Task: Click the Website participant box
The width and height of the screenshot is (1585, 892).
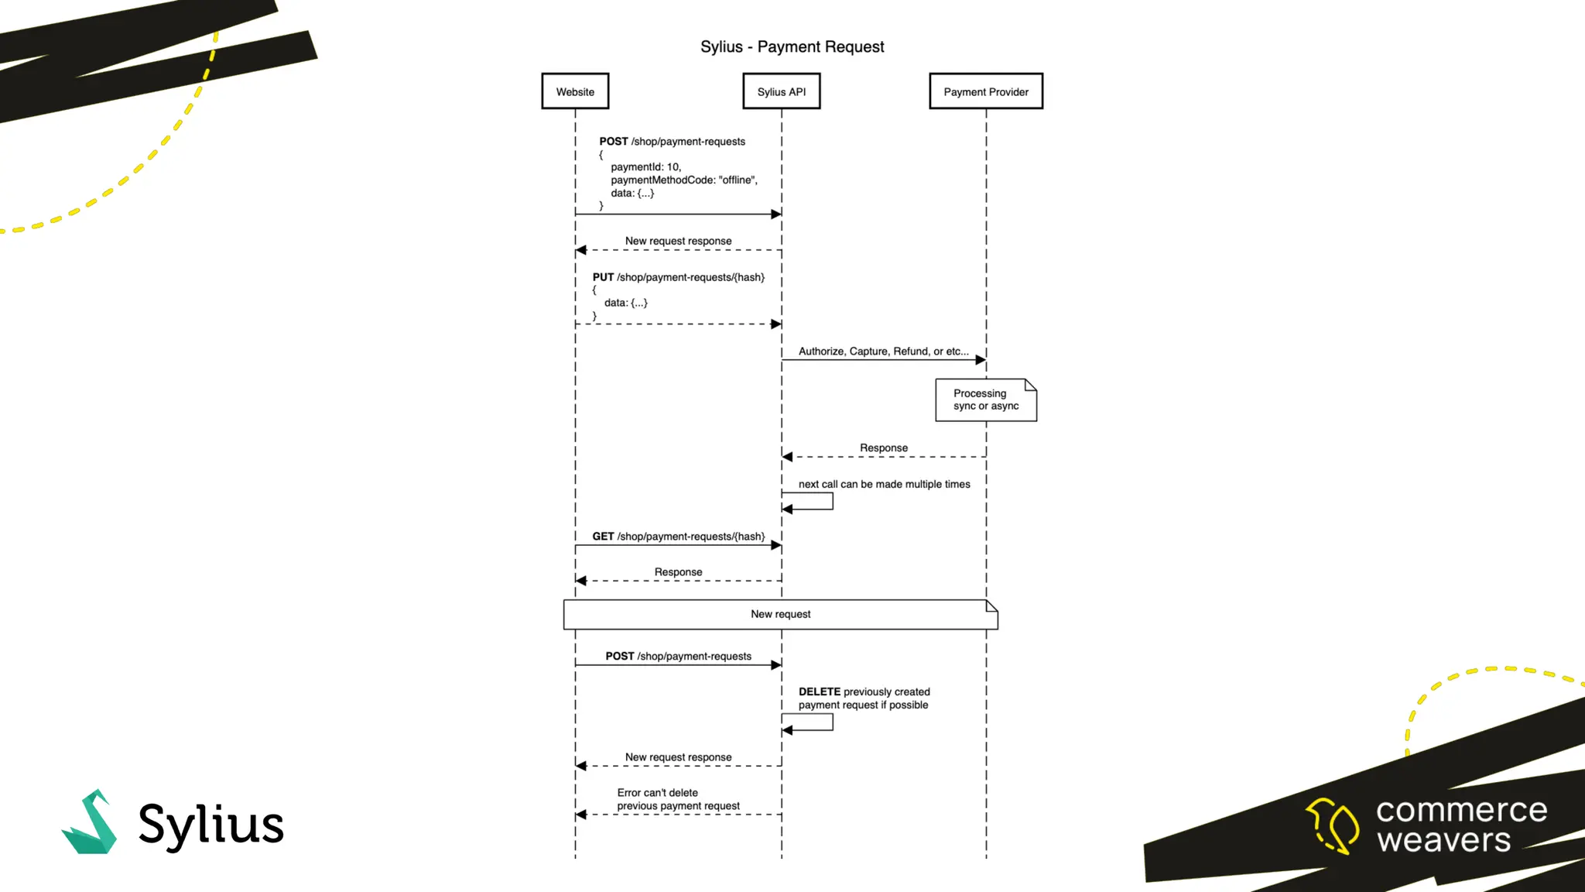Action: [575, 91]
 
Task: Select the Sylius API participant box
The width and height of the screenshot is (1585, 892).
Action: [781, 91]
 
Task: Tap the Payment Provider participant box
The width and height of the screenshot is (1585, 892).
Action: [986, 91]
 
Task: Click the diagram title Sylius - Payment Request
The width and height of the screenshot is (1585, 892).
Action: [792, 46]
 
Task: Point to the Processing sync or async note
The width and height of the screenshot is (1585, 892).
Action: [985, 400]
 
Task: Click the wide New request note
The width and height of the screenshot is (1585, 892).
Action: [780, 614]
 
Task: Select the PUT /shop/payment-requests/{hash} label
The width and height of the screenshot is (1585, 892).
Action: [678, 277]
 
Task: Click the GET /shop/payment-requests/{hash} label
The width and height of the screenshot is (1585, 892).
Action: [678, 537]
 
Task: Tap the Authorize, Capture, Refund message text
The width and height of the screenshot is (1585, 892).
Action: [883, 352]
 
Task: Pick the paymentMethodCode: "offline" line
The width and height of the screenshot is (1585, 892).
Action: [683, 180]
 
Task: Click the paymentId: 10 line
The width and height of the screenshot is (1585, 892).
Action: [645, 167]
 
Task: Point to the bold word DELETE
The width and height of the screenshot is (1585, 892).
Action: [819, 692]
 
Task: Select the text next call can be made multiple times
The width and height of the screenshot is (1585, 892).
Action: [884, 485]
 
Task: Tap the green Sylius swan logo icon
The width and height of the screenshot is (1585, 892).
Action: [91, 823]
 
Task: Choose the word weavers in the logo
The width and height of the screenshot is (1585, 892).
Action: [1443, 840]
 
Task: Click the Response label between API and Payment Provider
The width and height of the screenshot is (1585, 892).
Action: [883, 448]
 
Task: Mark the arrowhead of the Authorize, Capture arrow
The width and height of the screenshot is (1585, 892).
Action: [981, 360]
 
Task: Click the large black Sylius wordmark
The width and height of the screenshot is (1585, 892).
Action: [211, 825]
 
